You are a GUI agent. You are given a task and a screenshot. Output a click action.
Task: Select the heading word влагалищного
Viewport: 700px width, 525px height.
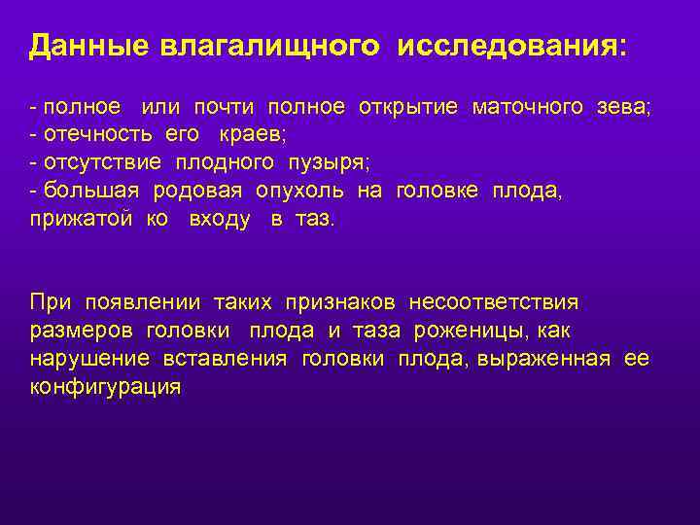(271, 47)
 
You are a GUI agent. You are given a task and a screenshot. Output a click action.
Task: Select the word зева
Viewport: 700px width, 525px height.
(622, 107)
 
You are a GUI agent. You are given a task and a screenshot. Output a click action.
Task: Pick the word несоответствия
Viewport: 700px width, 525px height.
(493, 303)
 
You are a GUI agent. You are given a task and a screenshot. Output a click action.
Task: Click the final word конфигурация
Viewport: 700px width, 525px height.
(105, 388)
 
